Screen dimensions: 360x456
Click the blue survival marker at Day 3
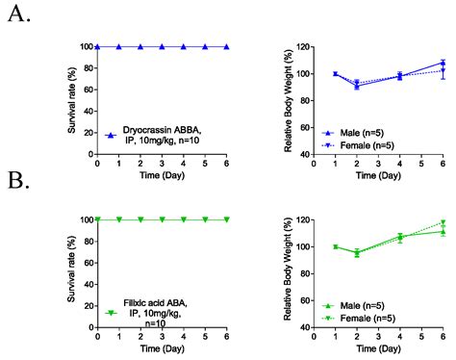[x=162, y=46]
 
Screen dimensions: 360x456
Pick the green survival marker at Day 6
[x=227, y=219]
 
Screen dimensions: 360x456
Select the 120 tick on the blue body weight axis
[x=299, y=46]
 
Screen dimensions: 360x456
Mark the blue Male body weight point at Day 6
[x=443, y=63]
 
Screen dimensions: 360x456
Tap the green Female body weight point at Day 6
[x=443, y=222]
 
